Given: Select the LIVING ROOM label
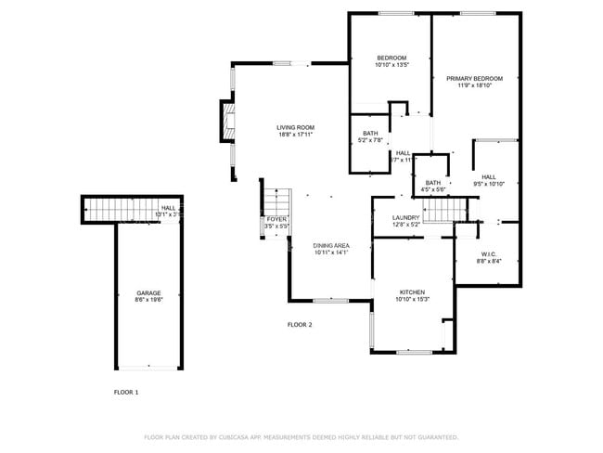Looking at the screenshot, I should [295, 127].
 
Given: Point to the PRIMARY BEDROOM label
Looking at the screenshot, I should [474, 79].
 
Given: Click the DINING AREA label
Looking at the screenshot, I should [330, 245].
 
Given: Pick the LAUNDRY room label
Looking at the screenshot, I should [406, 217].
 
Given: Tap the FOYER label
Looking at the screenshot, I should [276, 218].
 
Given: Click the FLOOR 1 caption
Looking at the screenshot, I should [125, 393].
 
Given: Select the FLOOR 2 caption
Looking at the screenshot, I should [300, 324].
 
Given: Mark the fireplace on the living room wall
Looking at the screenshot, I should [224, 121].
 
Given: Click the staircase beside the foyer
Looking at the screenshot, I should [277, 201].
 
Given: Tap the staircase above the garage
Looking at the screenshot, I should [105, 211].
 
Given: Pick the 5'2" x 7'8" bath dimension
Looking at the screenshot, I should [371, 141].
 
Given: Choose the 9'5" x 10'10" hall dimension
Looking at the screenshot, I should [488, 184].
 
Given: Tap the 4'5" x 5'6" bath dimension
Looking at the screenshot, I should [433, 190].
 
